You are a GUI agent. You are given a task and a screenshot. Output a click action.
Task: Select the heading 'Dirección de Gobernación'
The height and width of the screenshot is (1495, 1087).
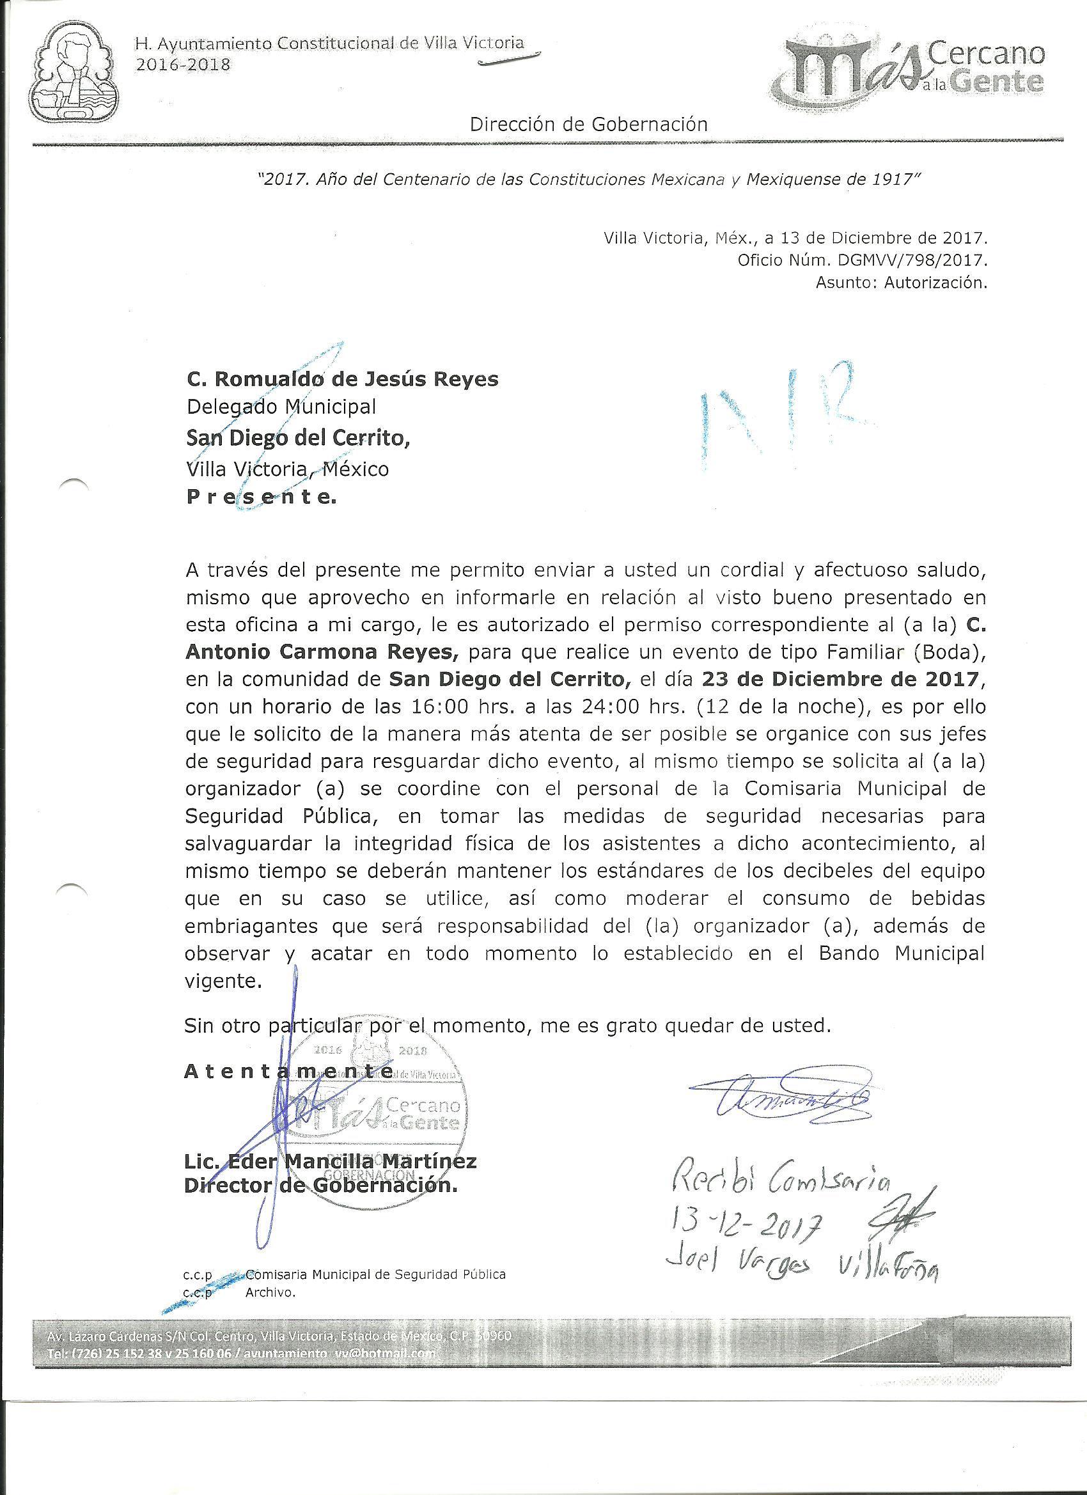(x=589, y=124)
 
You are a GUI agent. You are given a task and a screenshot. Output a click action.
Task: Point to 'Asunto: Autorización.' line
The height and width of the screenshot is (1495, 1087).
(x=901, y=284)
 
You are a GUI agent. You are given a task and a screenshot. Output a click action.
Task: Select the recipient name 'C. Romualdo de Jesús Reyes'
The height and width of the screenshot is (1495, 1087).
(x=343, y=379)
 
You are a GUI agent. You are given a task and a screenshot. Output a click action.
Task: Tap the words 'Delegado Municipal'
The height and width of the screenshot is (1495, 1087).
(x=281, y=407)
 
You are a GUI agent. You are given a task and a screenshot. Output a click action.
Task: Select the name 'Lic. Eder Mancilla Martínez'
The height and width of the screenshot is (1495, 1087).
(x=329, y=1161)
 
